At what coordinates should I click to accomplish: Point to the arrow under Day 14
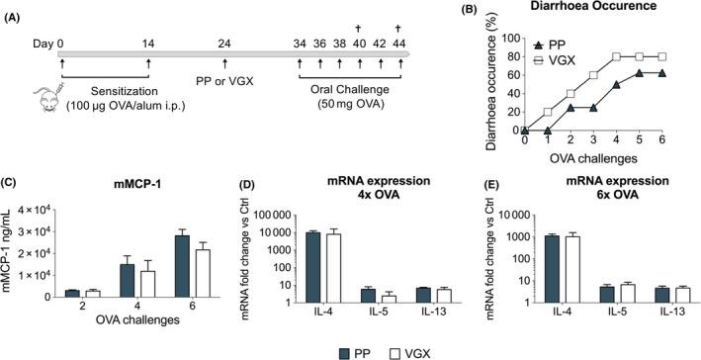click(148, 65)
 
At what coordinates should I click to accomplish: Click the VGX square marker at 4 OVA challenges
click(617, 56)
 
